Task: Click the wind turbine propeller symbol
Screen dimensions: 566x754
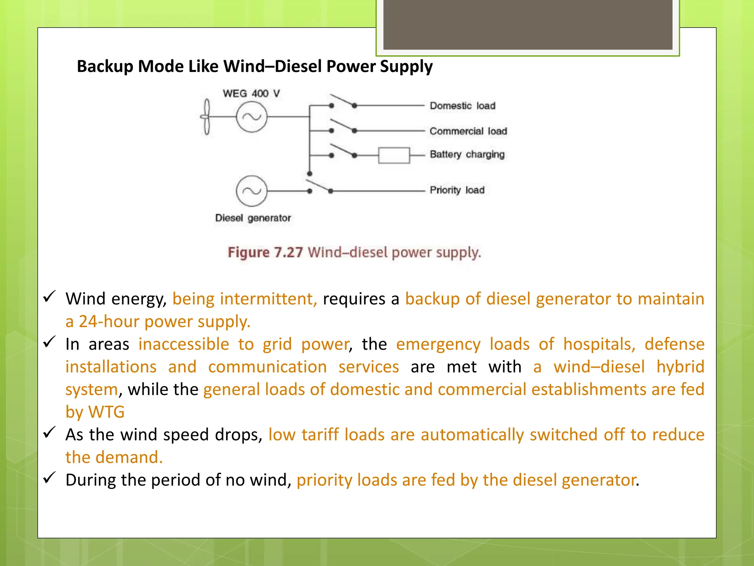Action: pos(207,117)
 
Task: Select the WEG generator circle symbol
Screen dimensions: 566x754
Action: pos(251,117)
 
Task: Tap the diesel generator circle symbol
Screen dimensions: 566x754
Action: pos(251,191)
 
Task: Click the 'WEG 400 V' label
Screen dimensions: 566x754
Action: pos(251,94)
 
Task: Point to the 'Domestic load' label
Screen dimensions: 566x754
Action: pos(462,106)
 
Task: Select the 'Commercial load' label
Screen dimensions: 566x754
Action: pos(468,131)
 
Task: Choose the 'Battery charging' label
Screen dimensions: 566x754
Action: pos(467,154)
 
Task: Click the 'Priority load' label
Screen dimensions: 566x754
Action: pos(457,190)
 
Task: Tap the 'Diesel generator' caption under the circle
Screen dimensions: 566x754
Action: pos(253,218)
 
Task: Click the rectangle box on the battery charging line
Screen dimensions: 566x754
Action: pos(394,155)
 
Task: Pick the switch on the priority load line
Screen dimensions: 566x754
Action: pos(320,186)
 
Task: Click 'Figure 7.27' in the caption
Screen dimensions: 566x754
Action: pos(265,253)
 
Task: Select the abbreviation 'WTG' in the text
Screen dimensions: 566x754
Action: pos(106,412)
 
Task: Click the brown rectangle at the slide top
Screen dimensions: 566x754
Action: pos(528,24)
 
